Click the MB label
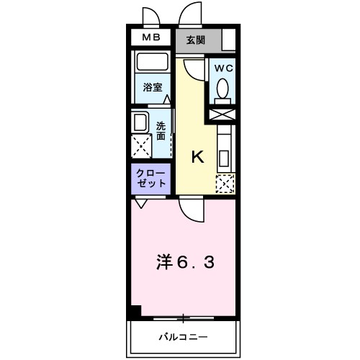click(x=150, y=38)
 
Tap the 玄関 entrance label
click(x=195, y=40)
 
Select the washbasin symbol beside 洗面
click(x=140, y=120)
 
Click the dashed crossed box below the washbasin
click(x=141, y=145)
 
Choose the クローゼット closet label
click(x=150, y=178)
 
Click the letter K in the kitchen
click(x=197, y=158)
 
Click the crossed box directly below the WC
click(x=222, y=113)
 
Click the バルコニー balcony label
click(x=184, y=336)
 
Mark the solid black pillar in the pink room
click(x=135, y=312)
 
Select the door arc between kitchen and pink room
click(x=192, y=210)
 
